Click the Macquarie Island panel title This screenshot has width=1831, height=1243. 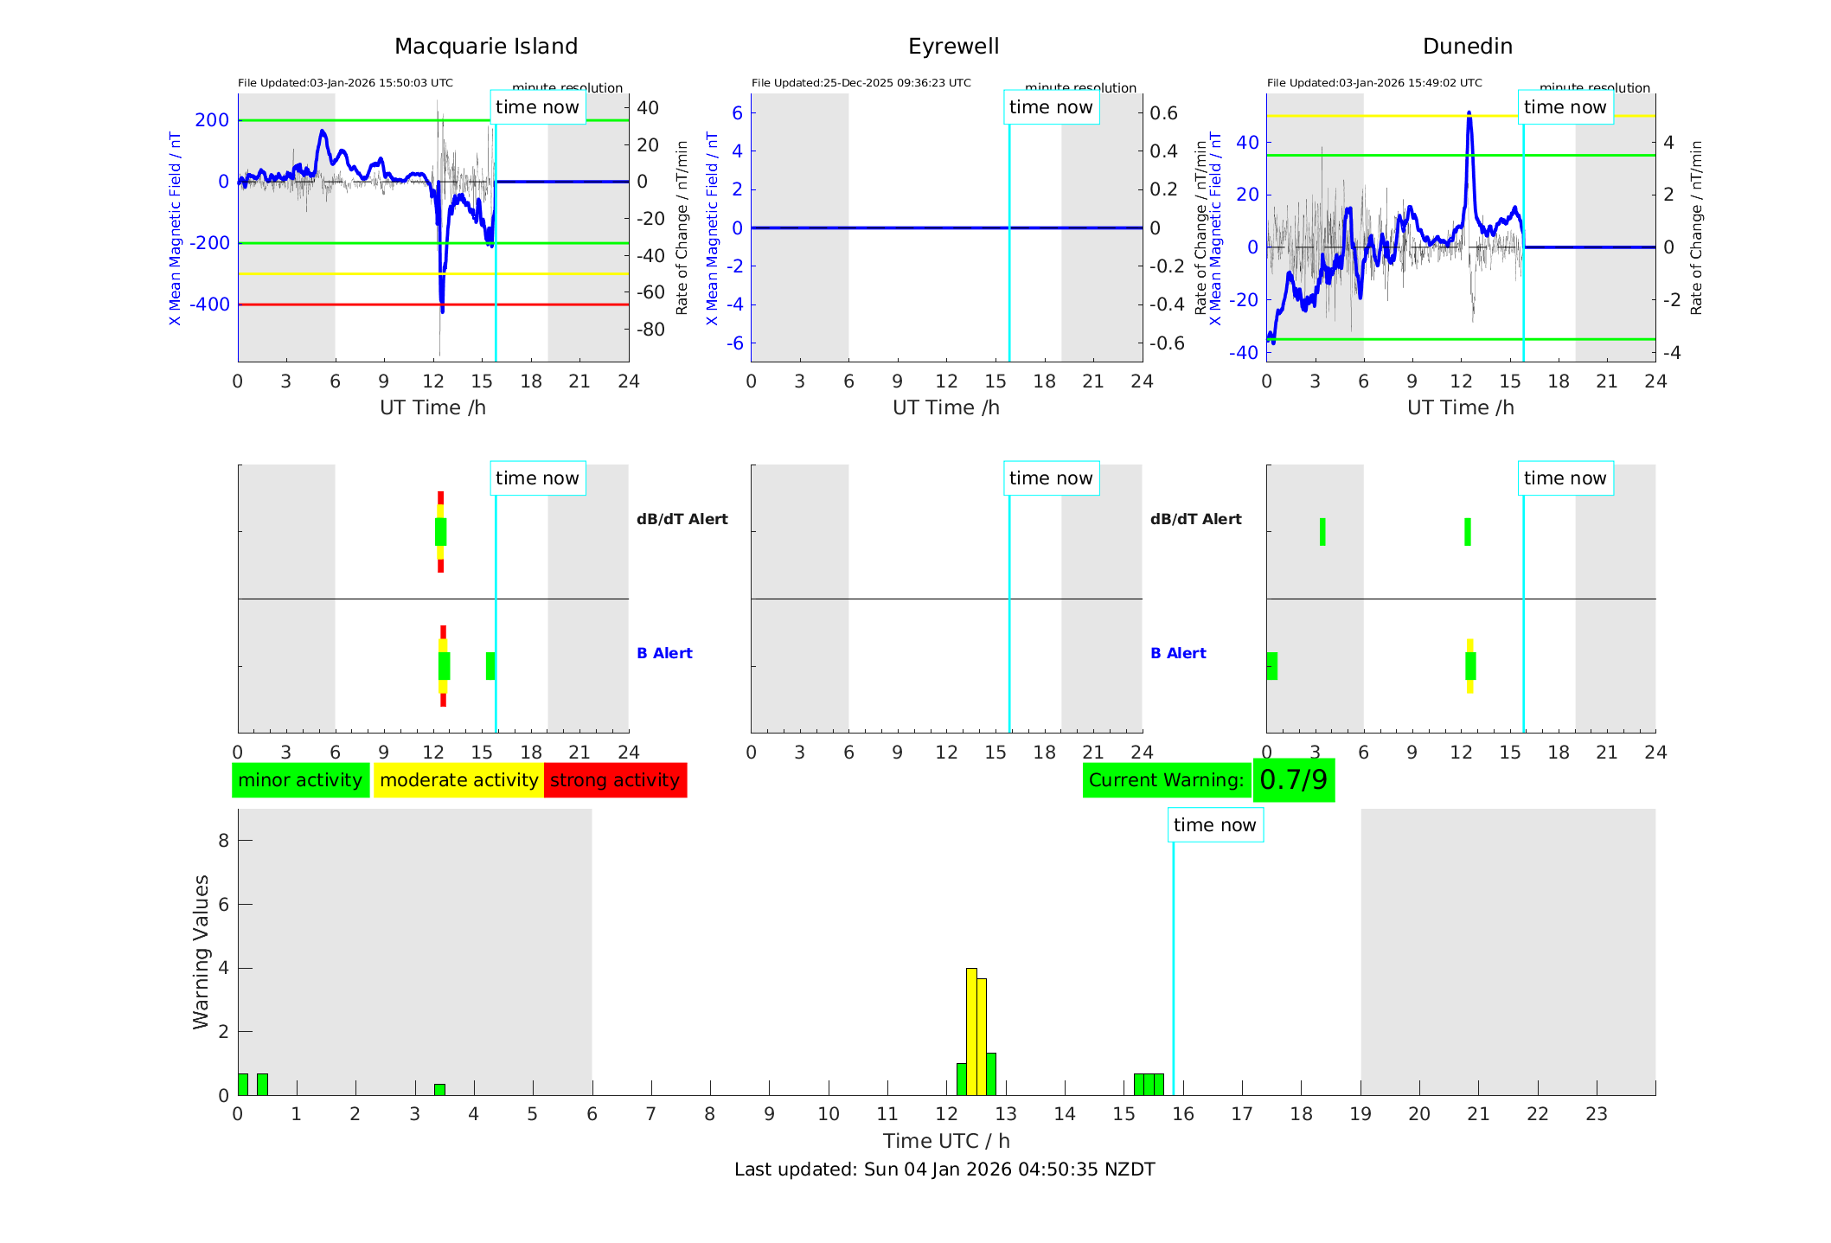[485, 47]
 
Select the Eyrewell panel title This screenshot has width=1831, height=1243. [953, 47]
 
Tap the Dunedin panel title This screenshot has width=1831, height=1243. [1467, 47]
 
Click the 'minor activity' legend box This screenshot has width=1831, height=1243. [300, 780]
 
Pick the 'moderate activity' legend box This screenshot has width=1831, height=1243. [458, 780]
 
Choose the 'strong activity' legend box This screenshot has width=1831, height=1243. [615, 780]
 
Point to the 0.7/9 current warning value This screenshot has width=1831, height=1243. [1293, 780]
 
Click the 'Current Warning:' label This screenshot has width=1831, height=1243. [1166, 780]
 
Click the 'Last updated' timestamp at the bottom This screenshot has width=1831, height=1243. [944, 1169]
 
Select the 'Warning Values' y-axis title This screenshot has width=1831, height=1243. [201, 951]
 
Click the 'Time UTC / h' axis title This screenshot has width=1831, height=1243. [946, 1141]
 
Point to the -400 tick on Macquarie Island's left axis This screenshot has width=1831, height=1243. [210, 304]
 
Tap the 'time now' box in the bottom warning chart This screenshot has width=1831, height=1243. [1214, 825]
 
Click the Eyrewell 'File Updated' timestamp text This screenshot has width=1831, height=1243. [861, 83]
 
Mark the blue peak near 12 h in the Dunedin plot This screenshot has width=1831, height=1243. [1469, 113]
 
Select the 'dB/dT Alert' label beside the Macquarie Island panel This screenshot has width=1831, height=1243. [682, 519]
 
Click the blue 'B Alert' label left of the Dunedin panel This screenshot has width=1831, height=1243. [1178, 653]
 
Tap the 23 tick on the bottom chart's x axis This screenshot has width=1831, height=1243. [1596, 1114]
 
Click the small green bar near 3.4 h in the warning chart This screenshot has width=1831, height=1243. [439, 1090]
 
